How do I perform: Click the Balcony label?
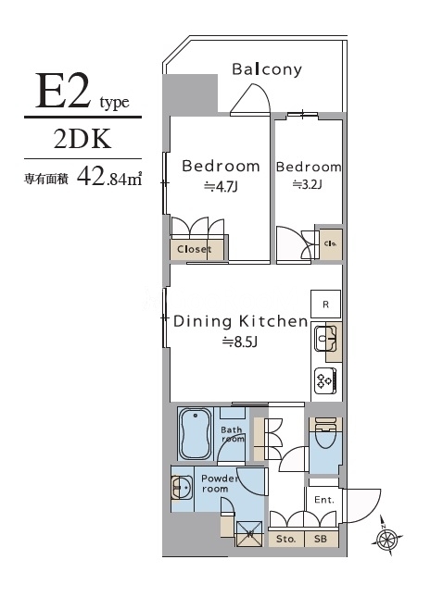click(x=267, y=69)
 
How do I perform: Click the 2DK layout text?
click(x=82, y=139)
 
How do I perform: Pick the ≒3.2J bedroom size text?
click(x=308, y=184)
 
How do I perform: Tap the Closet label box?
click(x=194, y=249)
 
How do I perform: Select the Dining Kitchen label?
click(x=240, y=321)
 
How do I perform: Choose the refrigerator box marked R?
click(x=325, y=304)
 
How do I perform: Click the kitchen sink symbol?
click(x=324, y=339)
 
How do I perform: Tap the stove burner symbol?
click(x=325, y=378)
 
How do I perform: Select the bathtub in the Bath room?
click(x=196, y=433)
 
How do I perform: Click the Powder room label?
click(x=215, y=483)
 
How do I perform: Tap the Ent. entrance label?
click(x=323, y=499)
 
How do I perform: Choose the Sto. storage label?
click(x=285, y=538)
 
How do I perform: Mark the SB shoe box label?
click(x=320, y=538)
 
